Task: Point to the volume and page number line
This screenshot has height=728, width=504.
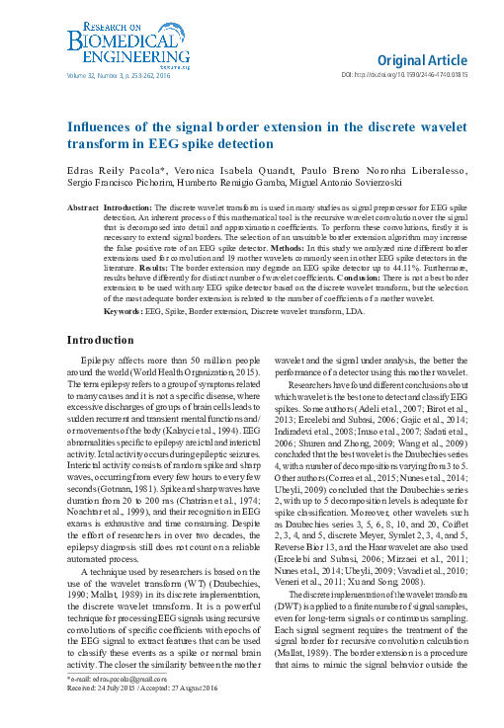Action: pos(115,74)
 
